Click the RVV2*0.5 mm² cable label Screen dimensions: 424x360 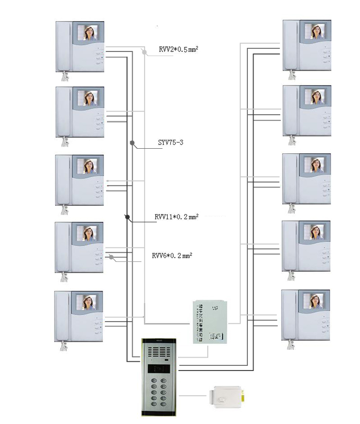[178, 49]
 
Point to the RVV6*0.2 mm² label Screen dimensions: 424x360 [172, 255]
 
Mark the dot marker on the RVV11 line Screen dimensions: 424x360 [127, 217]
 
